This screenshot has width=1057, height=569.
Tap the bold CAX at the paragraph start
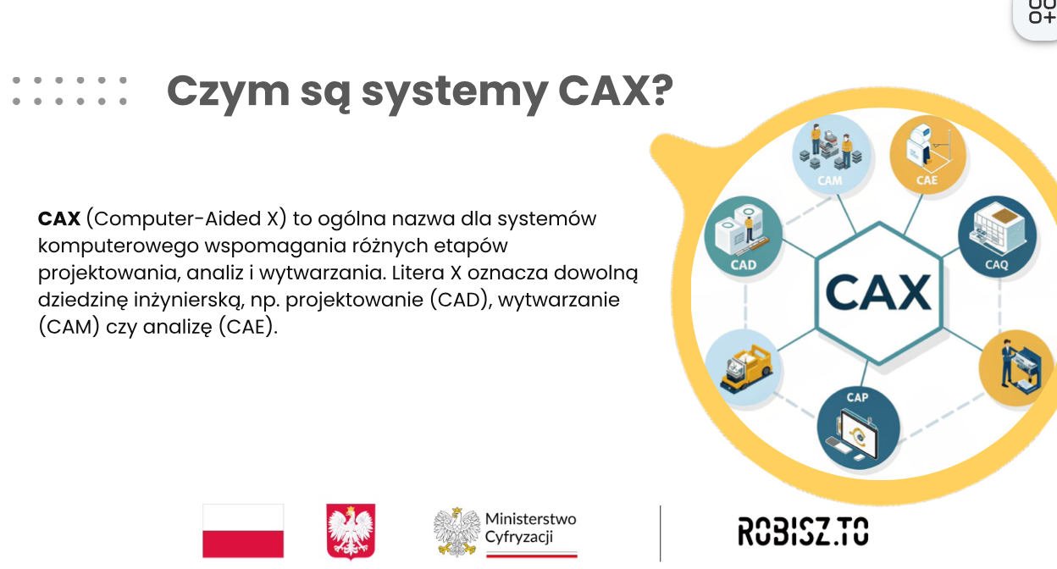(59, 219)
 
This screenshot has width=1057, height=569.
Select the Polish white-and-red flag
(243, 531)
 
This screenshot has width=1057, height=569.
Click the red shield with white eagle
(351, 531)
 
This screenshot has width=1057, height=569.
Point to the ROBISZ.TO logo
(803, 531)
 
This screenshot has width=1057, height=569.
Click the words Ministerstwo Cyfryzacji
(530, 528)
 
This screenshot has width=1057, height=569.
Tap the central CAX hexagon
(878, 293)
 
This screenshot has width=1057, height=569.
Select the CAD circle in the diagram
(744, 235)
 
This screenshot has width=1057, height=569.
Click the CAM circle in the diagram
(831, 153)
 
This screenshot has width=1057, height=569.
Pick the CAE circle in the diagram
(927, 154)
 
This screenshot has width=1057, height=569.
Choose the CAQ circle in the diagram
(997, 236)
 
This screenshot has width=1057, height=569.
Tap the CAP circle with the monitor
(858, 428)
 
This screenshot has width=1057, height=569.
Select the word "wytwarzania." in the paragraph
(323, 273)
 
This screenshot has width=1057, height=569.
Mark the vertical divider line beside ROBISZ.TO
(660, 533)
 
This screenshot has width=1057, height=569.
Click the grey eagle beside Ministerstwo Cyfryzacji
(457, 532)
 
